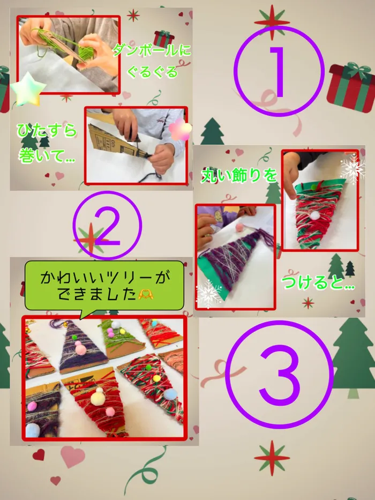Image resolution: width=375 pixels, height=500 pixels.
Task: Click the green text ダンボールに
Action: click(152, 51)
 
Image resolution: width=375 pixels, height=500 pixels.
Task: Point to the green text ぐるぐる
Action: click(152, 72)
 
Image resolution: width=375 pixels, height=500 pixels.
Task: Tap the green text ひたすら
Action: click(47, 131)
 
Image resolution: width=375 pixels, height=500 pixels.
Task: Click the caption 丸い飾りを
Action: click(239, 176)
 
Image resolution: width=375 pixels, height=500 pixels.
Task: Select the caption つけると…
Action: click(318, 283)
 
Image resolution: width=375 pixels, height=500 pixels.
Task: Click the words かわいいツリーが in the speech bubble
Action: click(104, 278)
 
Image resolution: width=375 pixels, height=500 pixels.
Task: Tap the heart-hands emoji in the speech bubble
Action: click(146, 295)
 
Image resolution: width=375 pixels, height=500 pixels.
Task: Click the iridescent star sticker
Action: click(28, 89)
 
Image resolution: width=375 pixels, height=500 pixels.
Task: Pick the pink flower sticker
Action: click(180, 130)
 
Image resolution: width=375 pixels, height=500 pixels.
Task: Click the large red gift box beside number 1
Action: click(351, 88)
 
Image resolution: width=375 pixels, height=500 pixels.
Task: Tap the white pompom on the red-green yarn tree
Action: click(315, 215)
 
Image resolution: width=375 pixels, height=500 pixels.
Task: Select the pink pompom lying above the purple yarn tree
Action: click(239, 227)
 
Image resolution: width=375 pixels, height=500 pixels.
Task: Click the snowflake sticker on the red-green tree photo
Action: click(352, 169)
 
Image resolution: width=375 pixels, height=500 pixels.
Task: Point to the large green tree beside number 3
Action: click(353, 357)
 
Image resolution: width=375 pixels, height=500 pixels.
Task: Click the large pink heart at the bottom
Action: click(73, 456)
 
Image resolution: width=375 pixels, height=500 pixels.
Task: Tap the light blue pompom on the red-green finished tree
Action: click(170, 394)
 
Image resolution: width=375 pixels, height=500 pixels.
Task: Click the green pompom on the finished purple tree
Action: click(74, 337)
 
